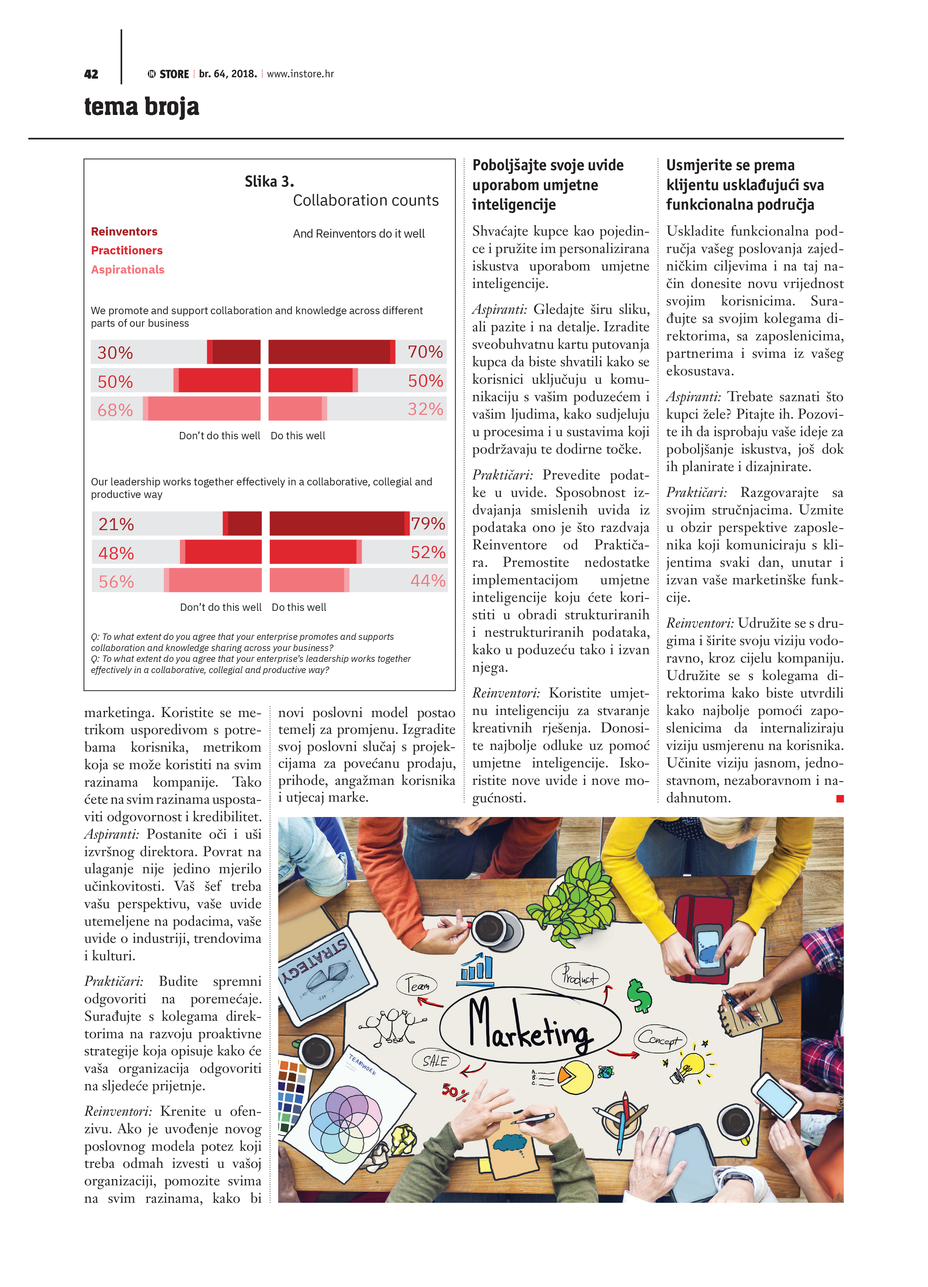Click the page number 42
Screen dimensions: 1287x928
click(x=91, y=74)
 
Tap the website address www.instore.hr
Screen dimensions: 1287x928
click(x=300, y=74)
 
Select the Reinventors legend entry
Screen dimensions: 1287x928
click(x=124, y=232)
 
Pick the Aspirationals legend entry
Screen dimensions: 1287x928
click(x=128, y=269)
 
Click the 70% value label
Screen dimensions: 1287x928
click(x=425, y=352)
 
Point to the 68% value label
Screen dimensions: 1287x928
click(x=115, y=410)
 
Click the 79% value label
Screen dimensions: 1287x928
click(x=427, y=523)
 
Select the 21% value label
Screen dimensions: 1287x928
click(x=116, y=524)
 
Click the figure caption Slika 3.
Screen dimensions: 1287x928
click(x=269, y=182)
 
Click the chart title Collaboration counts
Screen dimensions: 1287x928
click(x=366, y=200)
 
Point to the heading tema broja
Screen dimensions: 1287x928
click(x=142, y=107)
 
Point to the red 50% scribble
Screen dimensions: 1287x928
click(x=455, y=1091)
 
